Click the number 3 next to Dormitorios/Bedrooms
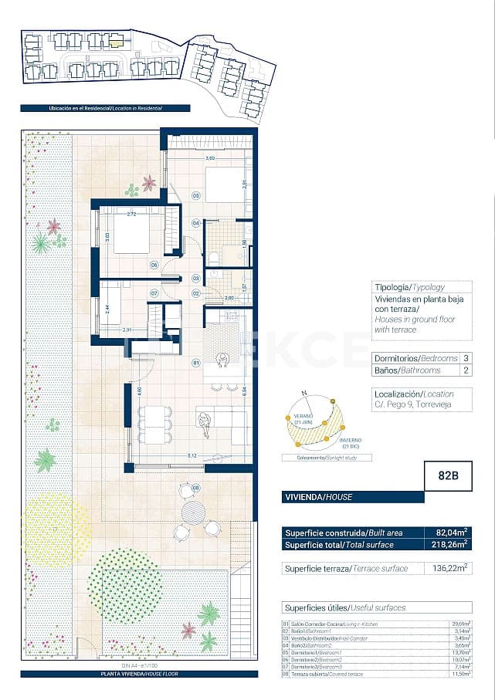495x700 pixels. point(466,359)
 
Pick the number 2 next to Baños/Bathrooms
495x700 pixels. point(466,370)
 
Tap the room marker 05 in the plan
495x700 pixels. point(196,196)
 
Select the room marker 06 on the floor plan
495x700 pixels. point(154,265)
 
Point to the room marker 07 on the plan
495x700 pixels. point(154,293)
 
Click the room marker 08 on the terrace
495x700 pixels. point(195,488)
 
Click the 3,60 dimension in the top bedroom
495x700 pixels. point(209,159)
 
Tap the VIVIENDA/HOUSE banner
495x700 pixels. point(319,497)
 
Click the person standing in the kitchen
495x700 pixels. point(222,359)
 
